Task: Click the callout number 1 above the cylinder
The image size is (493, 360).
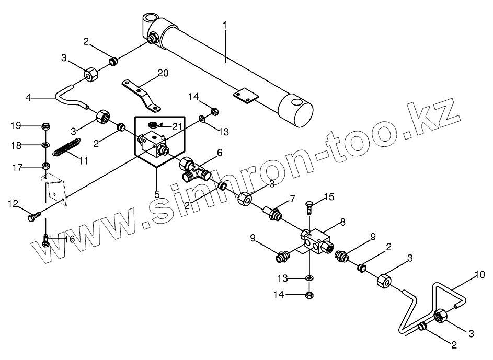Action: click(225, 25)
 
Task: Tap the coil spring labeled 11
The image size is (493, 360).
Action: click(66, 147)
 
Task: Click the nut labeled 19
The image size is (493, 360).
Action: click(45, 126)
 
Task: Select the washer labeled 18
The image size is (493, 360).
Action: click(45, 145)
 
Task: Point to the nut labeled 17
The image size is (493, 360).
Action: click(45, 167)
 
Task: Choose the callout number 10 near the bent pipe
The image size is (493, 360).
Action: click(480, 274)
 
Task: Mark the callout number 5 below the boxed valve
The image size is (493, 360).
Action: click(157, 194)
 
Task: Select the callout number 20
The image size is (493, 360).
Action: click(163, 73)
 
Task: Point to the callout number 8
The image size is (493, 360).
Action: click(342, 222)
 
